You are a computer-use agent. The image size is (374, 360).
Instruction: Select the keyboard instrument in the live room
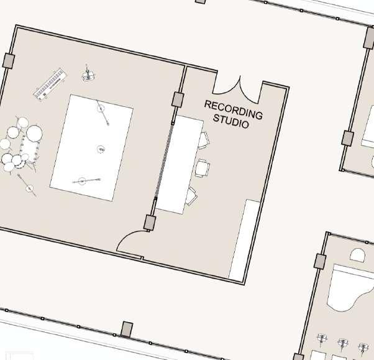(x=50, y=84)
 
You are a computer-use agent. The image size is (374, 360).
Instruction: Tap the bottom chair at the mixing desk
(x=191, y=196)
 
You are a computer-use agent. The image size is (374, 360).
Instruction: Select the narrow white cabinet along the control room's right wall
(x=244, y=239)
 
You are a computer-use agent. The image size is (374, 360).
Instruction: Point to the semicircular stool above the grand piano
(x=358, y=255)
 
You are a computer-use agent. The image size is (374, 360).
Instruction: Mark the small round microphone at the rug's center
(x=101, y=149)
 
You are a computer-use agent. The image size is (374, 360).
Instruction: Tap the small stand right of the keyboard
(x=88, y=76)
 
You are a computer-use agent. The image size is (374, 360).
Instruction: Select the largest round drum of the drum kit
(x=34, y=132)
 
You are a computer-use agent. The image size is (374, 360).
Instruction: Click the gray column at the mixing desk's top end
(x=178, y=99)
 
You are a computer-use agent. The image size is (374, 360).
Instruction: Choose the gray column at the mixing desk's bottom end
(x=150, y=222)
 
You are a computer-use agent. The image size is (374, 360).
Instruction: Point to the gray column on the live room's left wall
(x=9, y=61)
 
